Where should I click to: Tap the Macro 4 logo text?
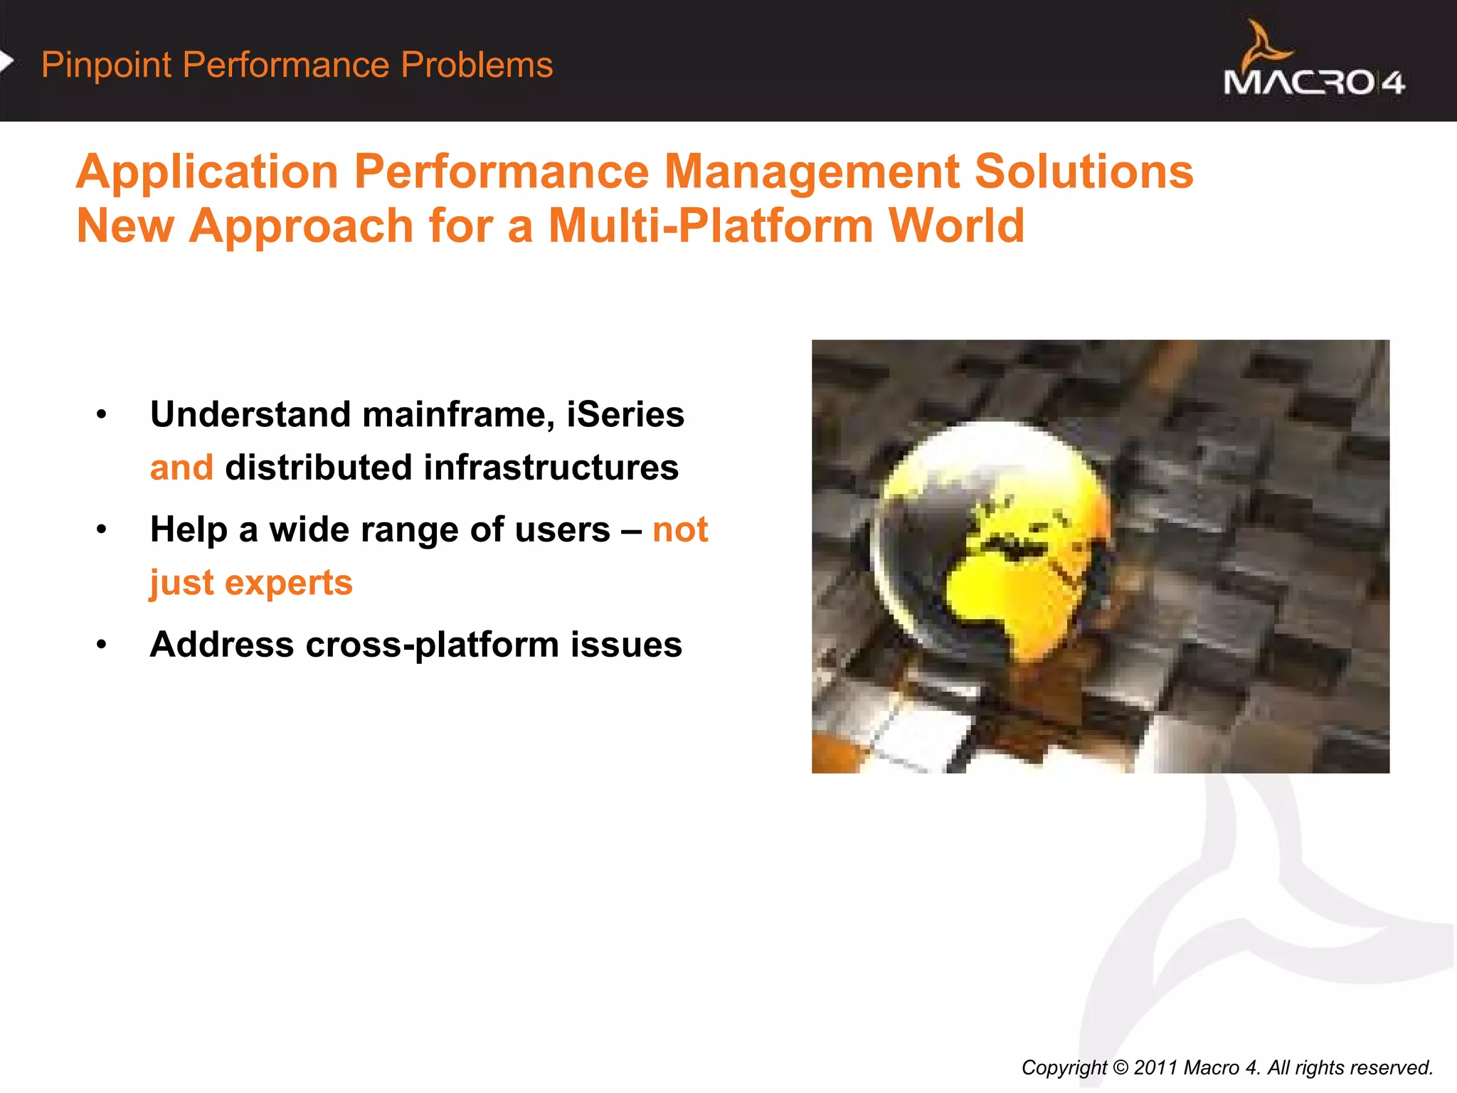coord(1313,83)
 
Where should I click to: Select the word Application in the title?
coord(207,172)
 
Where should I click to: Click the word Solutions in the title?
coord(1083,172)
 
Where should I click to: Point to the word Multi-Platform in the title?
coord(710,226)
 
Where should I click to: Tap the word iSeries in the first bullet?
coord(625,414)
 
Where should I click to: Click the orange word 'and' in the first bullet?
coord(181,468)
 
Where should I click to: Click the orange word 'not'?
coord(679,530)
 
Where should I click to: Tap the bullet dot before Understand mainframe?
coord(102,415)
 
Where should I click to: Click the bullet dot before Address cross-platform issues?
coord(102,645)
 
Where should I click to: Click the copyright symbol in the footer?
coord(1120,1067)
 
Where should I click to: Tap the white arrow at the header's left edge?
coord(6,62)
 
